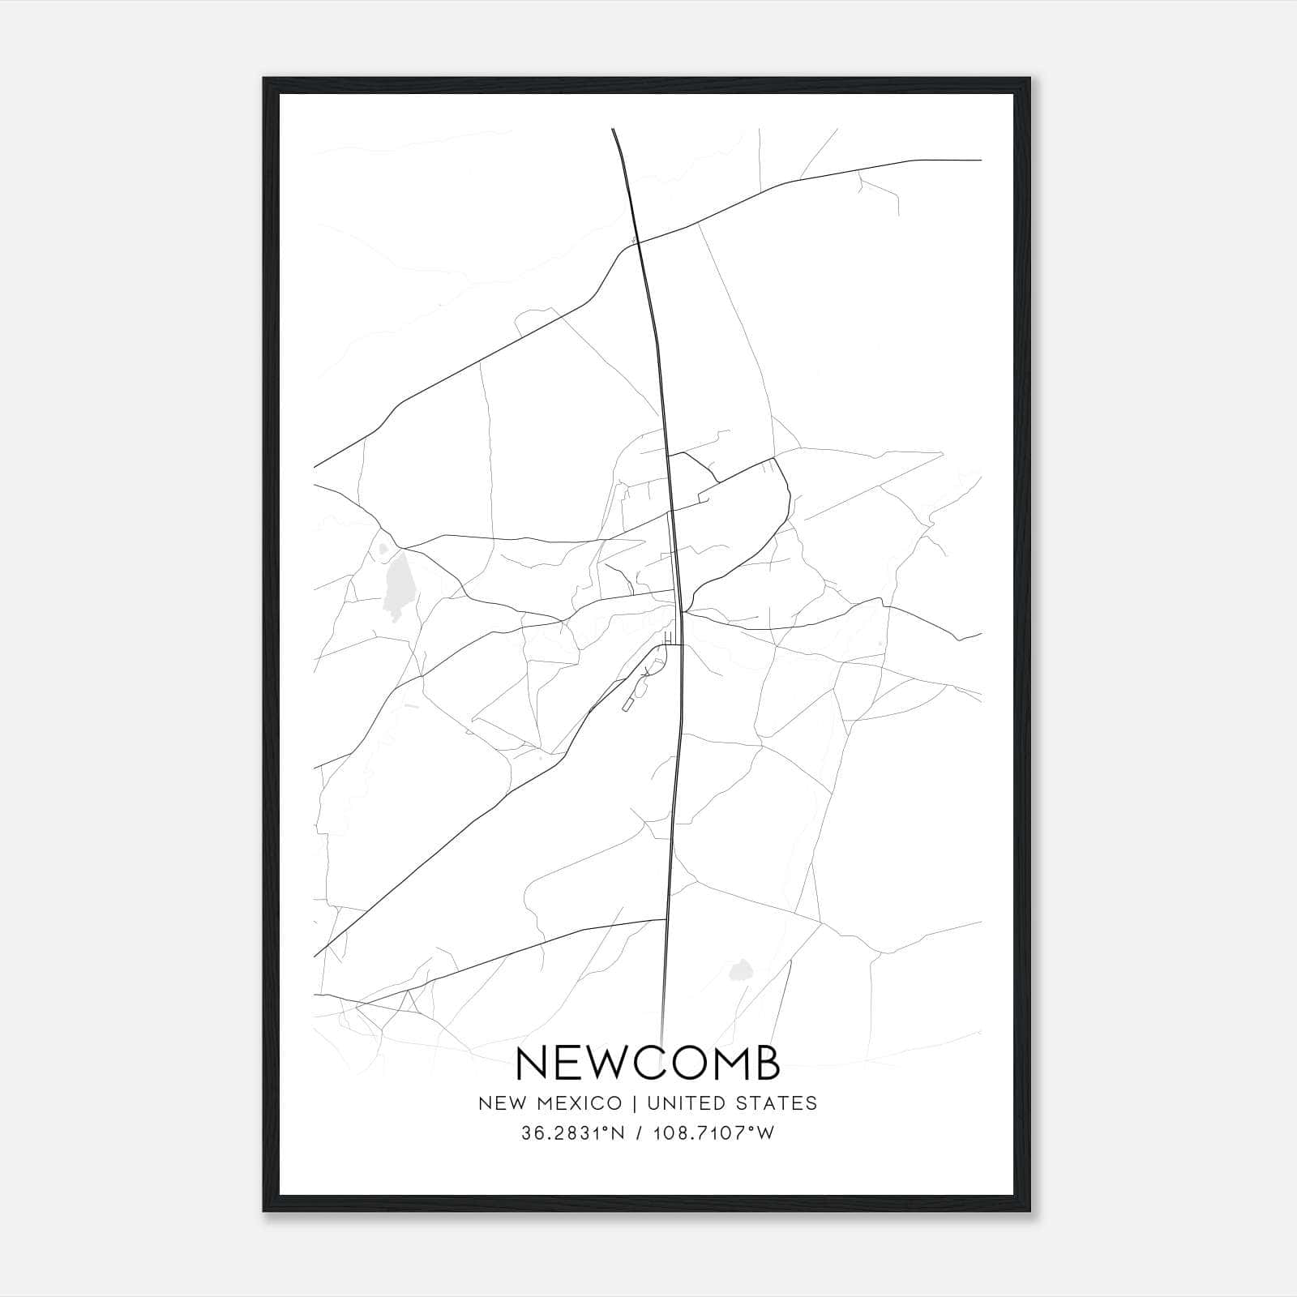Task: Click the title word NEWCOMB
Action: (648, 1063)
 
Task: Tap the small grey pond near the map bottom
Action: (739, 970)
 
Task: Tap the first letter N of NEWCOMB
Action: (531, 1063)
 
